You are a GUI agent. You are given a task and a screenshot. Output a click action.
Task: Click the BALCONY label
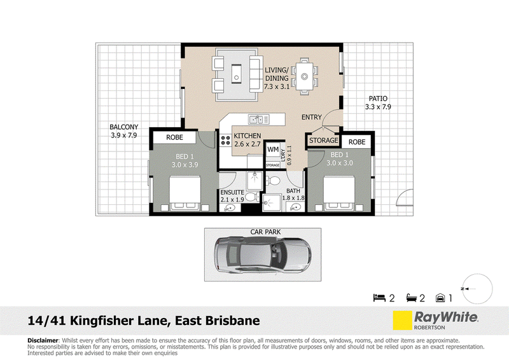tap(123, 127)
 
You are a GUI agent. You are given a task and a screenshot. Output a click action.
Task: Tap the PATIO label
tap(378, 99)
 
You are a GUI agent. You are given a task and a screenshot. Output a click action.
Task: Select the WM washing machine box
tap(273, 149)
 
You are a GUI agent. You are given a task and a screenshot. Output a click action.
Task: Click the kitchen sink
tap(259, 119)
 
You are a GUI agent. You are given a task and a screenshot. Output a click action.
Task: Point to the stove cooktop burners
tap(225, 140)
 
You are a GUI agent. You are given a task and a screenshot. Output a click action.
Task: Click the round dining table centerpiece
tap(304, 76)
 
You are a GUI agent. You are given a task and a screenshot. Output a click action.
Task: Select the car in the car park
tap(262, 254)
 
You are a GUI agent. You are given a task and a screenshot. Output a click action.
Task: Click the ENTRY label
tap(312, 117)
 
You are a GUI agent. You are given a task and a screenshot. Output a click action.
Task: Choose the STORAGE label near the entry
tap(324, 141)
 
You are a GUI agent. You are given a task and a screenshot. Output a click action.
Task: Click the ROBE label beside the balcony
tap(174, 137)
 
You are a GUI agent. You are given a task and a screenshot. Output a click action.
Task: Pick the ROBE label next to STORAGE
tap(357, 142)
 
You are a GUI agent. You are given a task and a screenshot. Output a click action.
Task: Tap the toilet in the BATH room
tap(274, 180)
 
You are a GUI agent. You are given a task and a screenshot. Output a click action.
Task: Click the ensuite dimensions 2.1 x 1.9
tap(232, 200)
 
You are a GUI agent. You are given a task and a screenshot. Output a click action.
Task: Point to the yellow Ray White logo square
tap(402, 321)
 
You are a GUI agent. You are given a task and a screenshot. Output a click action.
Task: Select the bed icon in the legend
tap(379, 297)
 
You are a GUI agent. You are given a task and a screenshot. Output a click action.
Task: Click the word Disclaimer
tap(43, 340)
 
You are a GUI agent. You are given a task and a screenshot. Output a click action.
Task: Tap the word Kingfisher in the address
tap(102, 321)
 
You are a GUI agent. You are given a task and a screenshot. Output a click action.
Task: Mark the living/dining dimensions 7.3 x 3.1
tap(277, 87)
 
